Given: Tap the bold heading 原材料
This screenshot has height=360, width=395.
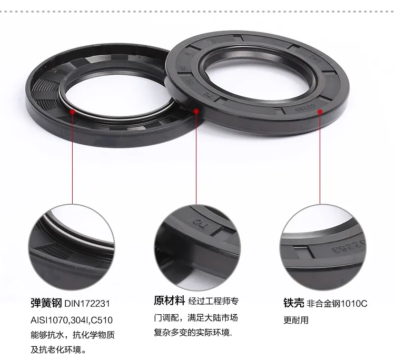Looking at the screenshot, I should [x=169, y=301].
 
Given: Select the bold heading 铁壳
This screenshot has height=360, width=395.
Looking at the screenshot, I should [x=293, y=304].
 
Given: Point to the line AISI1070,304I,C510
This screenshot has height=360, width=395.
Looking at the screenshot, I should [x=71, y=319].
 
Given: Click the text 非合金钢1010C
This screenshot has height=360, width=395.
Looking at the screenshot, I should [x=337, y=304].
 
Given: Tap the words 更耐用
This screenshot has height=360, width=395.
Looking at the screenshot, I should [x=296, y=319].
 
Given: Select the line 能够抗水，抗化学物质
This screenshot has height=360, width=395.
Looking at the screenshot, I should [x=72, y=335].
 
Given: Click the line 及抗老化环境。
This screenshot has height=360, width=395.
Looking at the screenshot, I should [x=58, y=349].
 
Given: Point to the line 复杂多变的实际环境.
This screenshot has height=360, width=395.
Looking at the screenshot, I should [x=193, y=333].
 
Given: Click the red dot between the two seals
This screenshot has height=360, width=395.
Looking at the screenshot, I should [x=196, y=111].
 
